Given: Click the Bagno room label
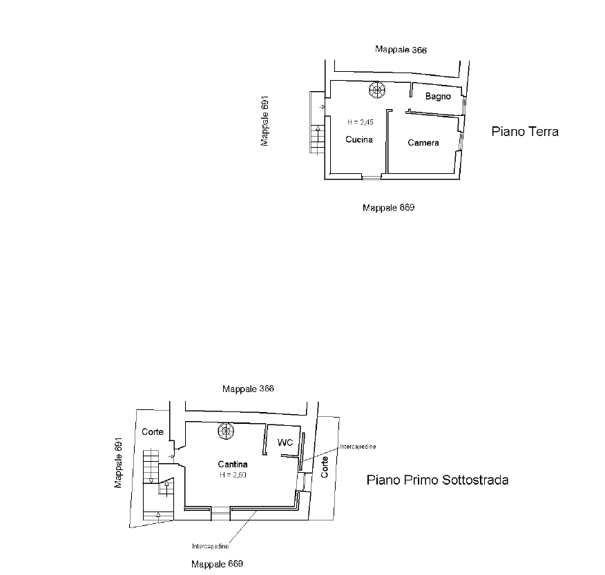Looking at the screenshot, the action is [x=438, y=97].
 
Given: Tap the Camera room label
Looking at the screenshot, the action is [x=423, y=143].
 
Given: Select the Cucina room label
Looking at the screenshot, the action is [x=359, y=139].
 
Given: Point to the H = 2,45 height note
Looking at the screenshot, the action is [x=361, y=122].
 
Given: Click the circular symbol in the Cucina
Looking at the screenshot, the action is [x=377, y=90].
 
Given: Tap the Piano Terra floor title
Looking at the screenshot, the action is [x=525, y=132].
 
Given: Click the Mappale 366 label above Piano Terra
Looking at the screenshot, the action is [x=401, y=50].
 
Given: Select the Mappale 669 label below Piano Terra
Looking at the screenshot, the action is [x=389, y=208].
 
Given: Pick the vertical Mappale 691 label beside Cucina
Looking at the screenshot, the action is [x=265, y=121].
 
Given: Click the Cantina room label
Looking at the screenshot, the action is [x=233, y=465].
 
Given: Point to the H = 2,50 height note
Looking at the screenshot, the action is [x=233, y=475].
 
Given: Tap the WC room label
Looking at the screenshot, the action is [x=285, y=442].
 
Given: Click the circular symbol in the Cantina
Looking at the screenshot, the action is [x=226, y=431].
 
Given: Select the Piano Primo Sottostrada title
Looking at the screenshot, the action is [x=438, y=480].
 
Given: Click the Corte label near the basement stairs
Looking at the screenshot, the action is [x=153, y=432].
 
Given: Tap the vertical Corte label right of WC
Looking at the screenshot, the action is [x=325, y=467].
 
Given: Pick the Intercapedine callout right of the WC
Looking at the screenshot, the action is [x=358, y=447].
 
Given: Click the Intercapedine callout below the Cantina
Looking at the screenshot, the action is [x=210, y=546].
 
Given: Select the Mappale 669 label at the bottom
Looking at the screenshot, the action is [x=218, y=564].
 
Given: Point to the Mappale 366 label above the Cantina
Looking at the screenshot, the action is [x=248, y=389].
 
